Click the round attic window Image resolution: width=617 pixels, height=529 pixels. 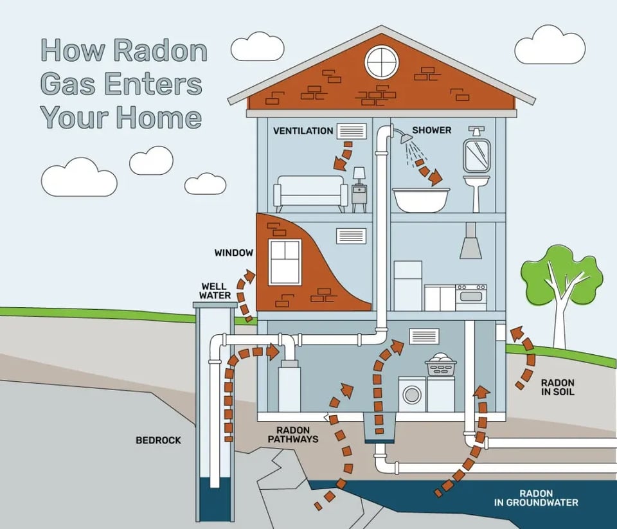(382, 62)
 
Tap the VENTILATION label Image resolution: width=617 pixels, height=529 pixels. (303, 131)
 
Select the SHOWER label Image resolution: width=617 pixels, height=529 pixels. (431, 130)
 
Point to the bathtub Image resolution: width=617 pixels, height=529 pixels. (421, 199)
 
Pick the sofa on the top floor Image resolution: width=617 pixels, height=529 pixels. (310, 193)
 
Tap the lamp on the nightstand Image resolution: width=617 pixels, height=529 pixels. (359, 174)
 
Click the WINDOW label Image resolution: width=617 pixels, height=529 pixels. (233, 253)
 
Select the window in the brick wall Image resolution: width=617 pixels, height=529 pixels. (285, 262)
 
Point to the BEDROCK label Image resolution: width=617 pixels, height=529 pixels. (158, 440)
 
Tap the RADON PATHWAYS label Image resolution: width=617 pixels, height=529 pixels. (297, 435)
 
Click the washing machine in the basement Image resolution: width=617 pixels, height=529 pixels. (411, 394)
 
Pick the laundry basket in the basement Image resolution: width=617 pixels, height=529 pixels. (440, 365)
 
